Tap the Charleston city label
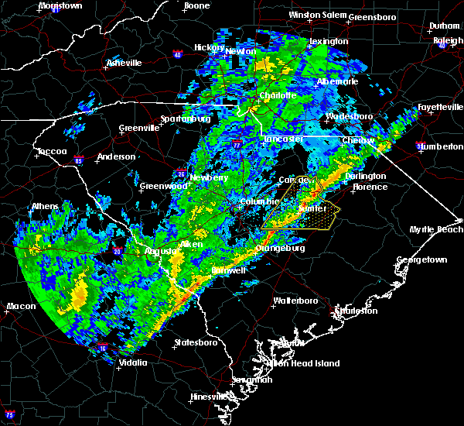357,311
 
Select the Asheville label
124,63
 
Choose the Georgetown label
421,260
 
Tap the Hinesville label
209,397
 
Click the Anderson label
116,157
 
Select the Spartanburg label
185,119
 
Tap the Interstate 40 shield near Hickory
177,54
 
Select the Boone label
196,6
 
